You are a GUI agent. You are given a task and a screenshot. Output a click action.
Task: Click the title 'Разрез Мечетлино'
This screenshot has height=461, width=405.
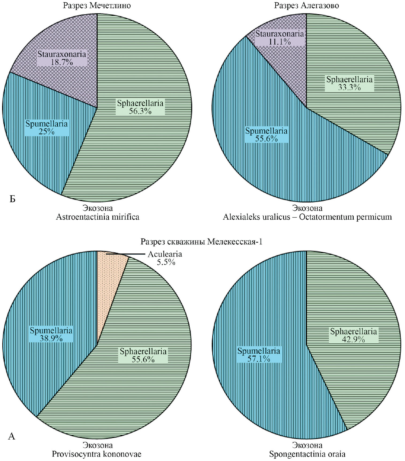[97, 6]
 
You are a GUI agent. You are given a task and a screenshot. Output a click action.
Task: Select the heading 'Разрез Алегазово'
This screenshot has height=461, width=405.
[306, 6]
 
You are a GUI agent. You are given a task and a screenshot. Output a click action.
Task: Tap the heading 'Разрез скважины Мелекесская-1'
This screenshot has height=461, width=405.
[201, 242]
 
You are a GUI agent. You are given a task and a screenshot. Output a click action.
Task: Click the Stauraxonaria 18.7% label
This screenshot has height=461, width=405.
[62, 58]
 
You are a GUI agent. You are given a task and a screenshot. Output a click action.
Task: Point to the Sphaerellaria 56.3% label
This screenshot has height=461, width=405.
[140, 107]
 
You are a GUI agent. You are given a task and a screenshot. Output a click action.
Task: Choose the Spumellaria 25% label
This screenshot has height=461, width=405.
[47, 128]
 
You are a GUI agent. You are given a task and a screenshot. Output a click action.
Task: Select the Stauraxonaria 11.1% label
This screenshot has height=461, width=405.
[280, 38]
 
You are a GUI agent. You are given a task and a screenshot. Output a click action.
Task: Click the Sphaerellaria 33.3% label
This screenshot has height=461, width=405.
[349, 83]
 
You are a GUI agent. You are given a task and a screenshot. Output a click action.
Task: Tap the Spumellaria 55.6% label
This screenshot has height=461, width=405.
[266, 135]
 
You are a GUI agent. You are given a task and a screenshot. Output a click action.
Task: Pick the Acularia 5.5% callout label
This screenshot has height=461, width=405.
[165, 258]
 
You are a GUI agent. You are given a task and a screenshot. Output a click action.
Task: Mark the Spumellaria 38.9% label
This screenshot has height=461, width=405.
[51, 334]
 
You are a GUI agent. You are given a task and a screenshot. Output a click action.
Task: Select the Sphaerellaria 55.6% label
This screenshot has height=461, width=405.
[143, 355]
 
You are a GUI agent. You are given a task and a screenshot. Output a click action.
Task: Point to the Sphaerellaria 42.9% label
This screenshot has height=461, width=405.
[353, 335]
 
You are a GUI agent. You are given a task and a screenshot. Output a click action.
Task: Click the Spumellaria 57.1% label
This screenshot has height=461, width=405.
[259, 355]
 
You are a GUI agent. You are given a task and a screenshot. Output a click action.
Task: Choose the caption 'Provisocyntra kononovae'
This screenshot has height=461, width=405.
[97, 454]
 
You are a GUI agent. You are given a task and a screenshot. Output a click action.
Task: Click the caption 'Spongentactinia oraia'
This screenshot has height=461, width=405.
[307, 454]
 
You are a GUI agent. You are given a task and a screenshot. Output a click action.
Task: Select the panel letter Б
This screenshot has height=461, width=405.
[12, 199]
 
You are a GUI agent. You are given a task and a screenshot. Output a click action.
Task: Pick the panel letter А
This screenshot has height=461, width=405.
[12, 436]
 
